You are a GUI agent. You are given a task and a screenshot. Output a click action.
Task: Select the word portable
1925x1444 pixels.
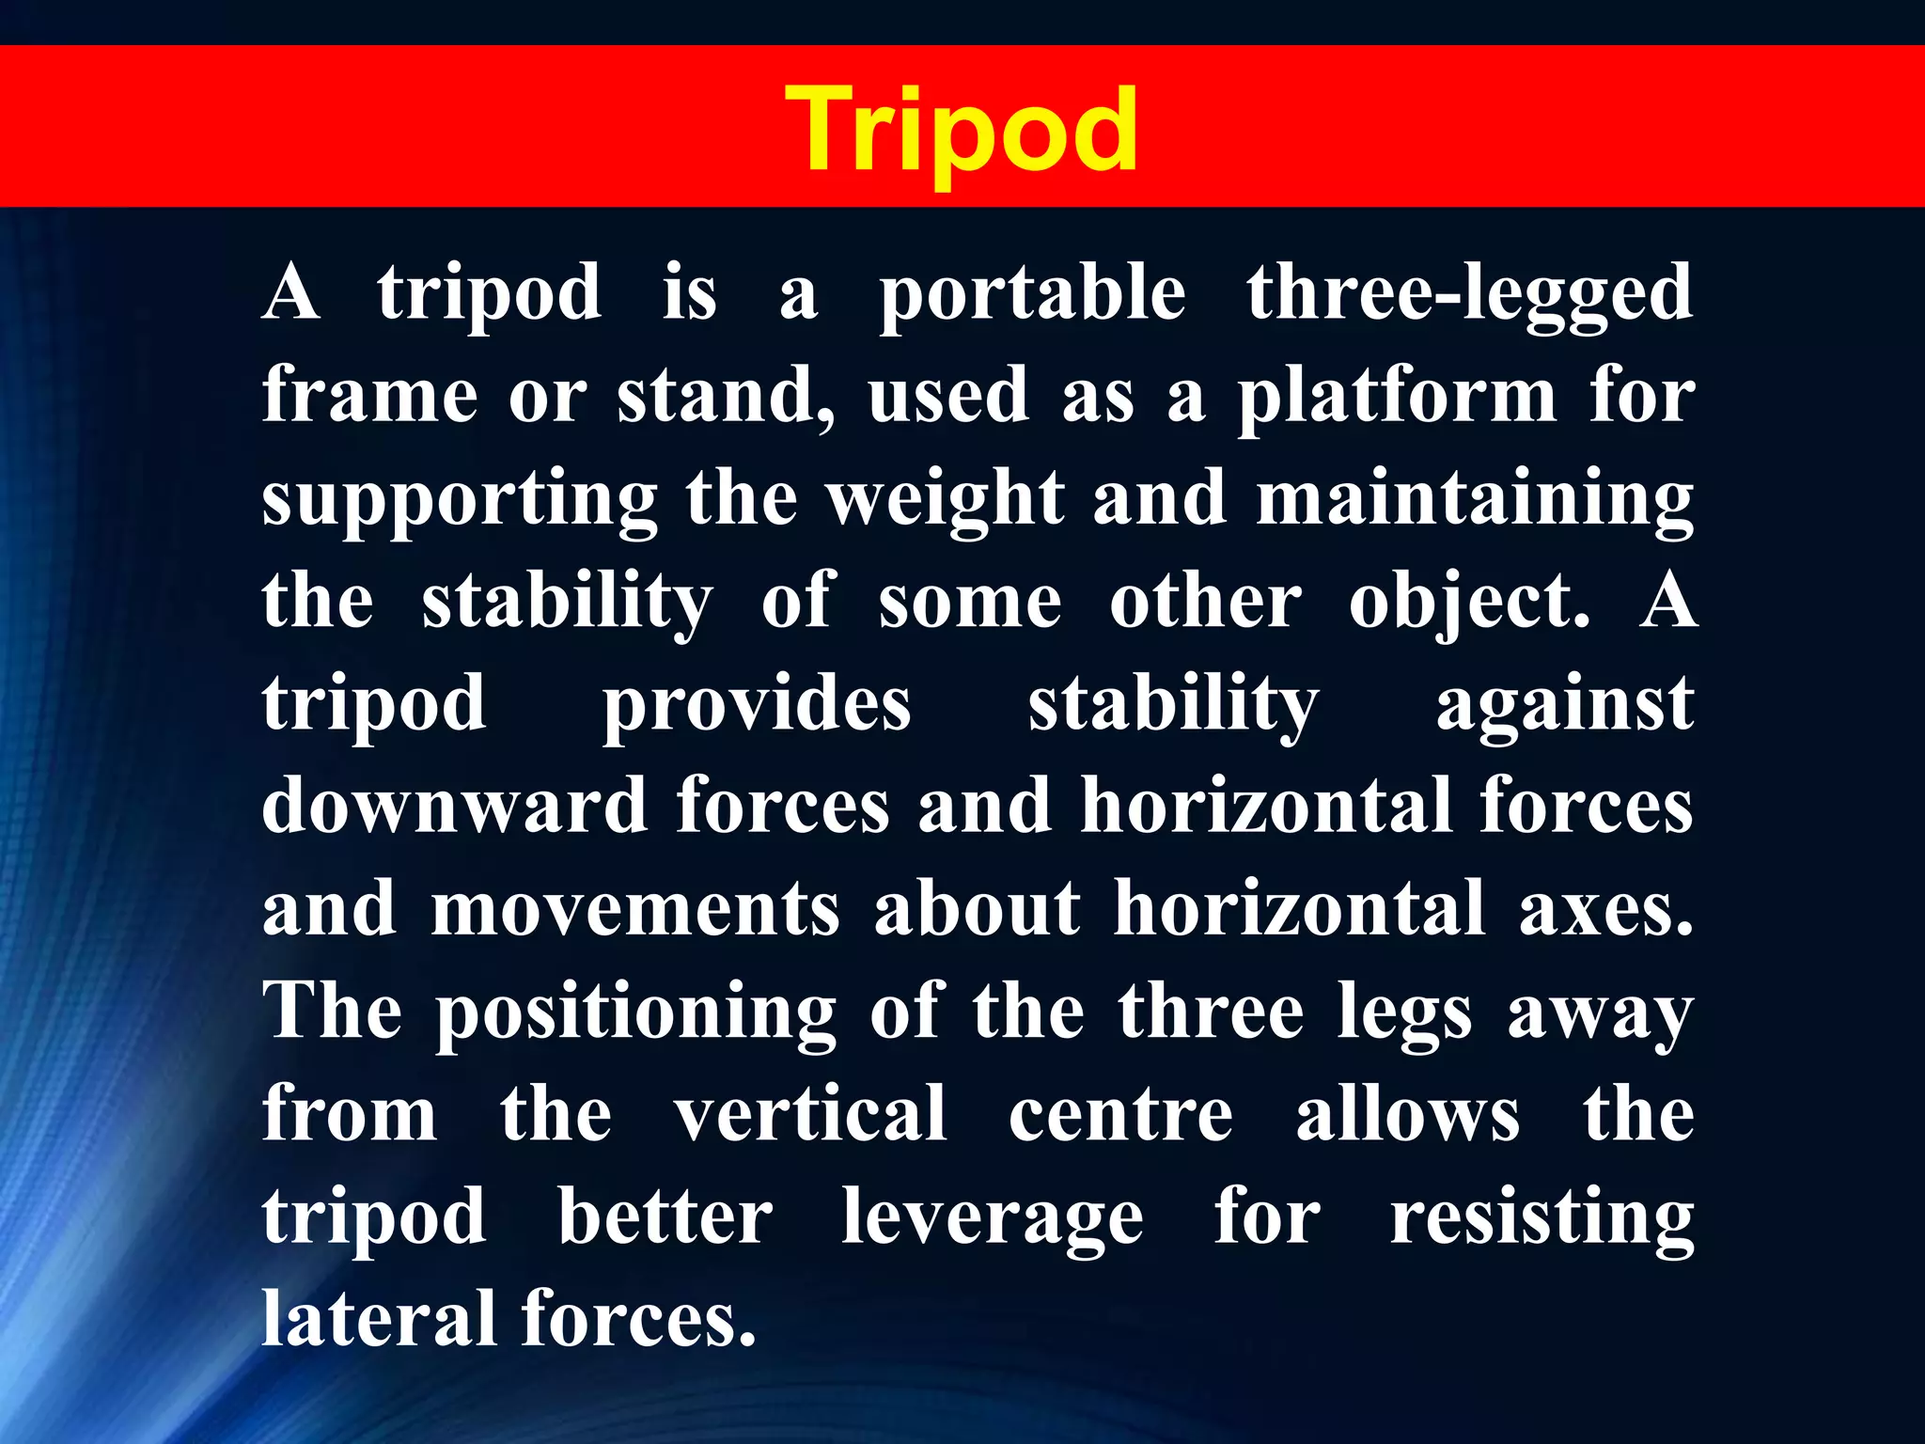point(1032,294)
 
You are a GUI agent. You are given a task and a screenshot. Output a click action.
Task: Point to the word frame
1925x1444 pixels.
point(370,396)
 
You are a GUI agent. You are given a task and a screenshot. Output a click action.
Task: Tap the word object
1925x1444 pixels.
point(1469,603)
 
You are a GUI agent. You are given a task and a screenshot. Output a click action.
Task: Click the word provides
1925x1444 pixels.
point(757,705)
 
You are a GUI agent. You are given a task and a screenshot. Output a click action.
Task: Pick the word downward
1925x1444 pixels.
point(455,807)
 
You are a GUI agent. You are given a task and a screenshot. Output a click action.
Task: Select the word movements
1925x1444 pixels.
point(635,909)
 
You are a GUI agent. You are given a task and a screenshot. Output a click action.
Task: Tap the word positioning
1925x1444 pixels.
point(635,1013)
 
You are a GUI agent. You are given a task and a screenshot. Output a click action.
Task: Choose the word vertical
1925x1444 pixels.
point(810,1114)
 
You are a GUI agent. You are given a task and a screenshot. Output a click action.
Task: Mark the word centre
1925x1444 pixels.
point(1120,1116)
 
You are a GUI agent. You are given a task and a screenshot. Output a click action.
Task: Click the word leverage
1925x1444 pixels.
point(992,1219)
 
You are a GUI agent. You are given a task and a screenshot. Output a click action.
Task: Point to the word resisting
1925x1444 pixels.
point(1542,1219)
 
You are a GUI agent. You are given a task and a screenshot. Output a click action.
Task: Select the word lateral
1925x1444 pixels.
point(379,1319)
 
